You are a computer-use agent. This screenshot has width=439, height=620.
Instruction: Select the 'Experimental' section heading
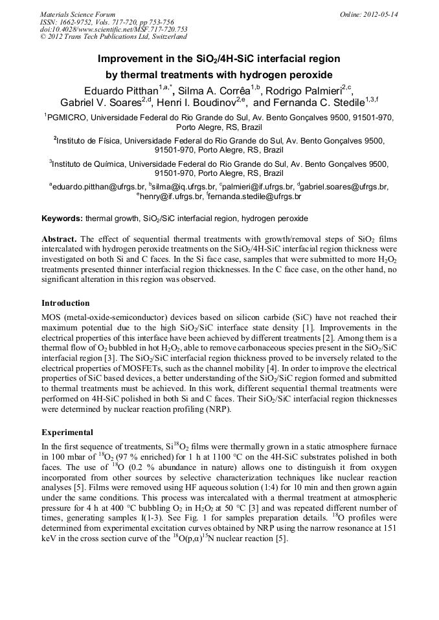pyautogui.click(x=67, y=433)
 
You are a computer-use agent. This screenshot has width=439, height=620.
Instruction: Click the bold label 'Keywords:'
pyautogui.click(x=62, y=219)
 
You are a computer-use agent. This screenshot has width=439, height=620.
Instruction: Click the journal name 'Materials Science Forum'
pyautogui.click(x=78, y=14)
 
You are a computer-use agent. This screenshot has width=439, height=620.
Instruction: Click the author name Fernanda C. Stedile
pyautogui.click(x=321, y=103)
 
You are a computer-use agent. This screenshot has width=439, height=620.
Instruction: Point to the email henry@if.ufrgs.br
pyautogui.click(x=170, y=197)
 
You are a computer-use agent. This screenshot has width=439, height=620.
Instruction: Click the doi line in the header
pyautogui.click(x=113, y=29)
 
